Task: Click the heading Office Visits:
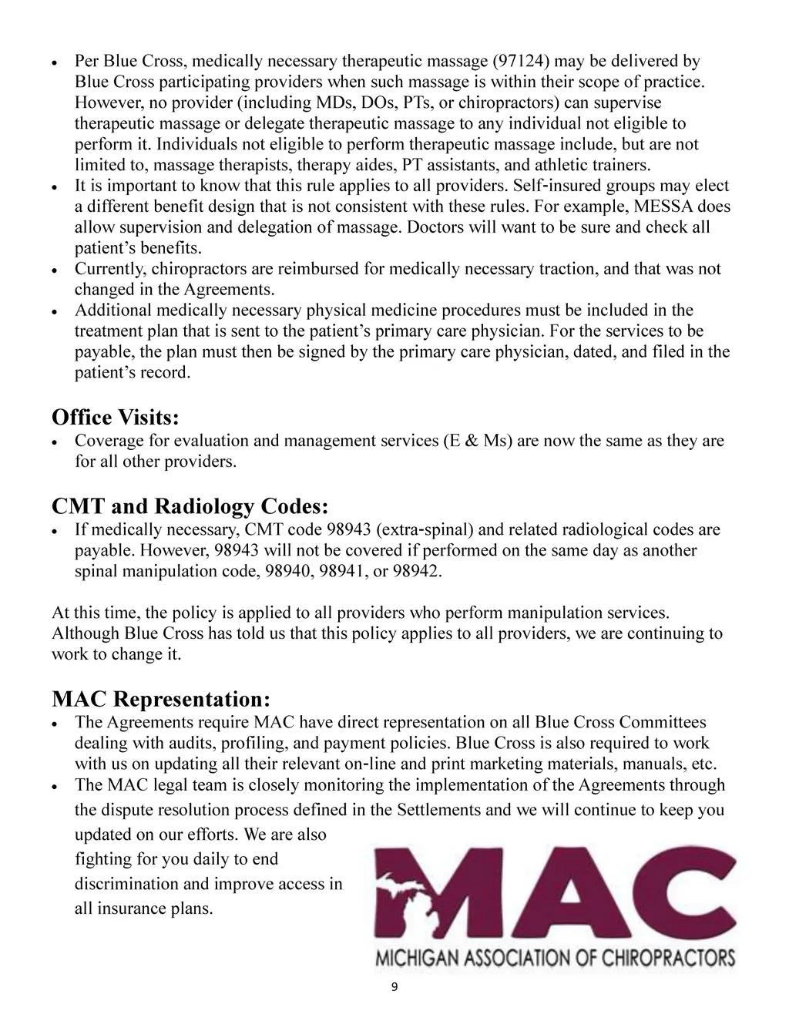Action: tap(116, 418)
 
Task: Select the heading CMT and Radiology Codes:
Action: tap(190, 506)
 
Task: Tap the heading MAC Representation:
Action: tap(161, 699)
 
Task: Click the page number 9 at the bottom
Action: tap(394, 990)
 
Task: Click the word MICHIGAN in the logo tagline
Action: tap(415, 959)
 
